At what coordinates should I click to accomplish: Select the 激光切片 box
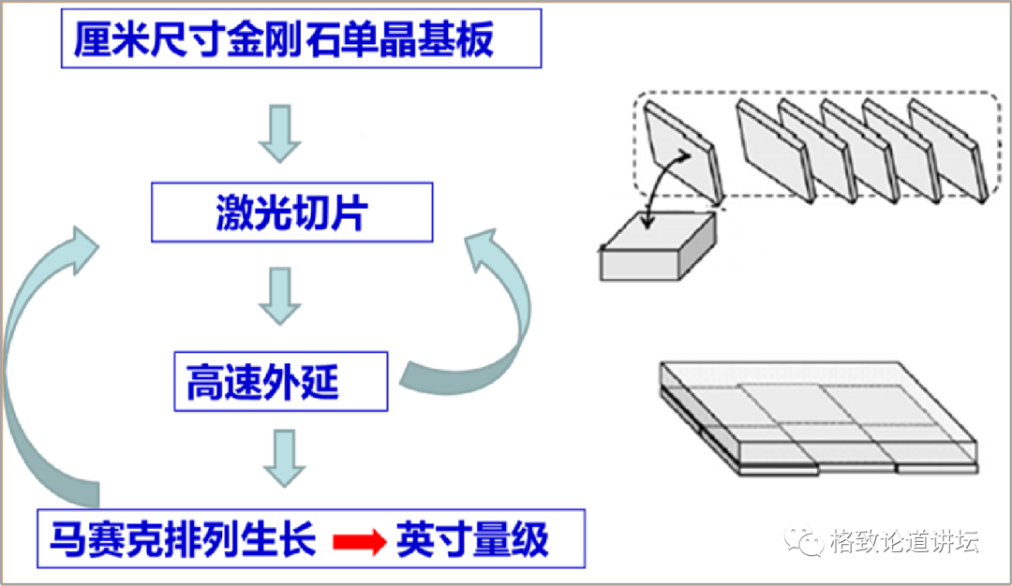291,212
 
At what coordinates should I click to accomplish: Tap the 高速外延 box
280,382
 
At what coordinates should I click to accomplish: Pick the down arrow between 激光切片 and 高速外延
279,295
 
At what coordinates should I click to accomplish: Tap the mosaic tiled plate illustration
815,417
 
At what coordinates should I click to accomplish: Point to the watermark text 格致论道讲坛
904,542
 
